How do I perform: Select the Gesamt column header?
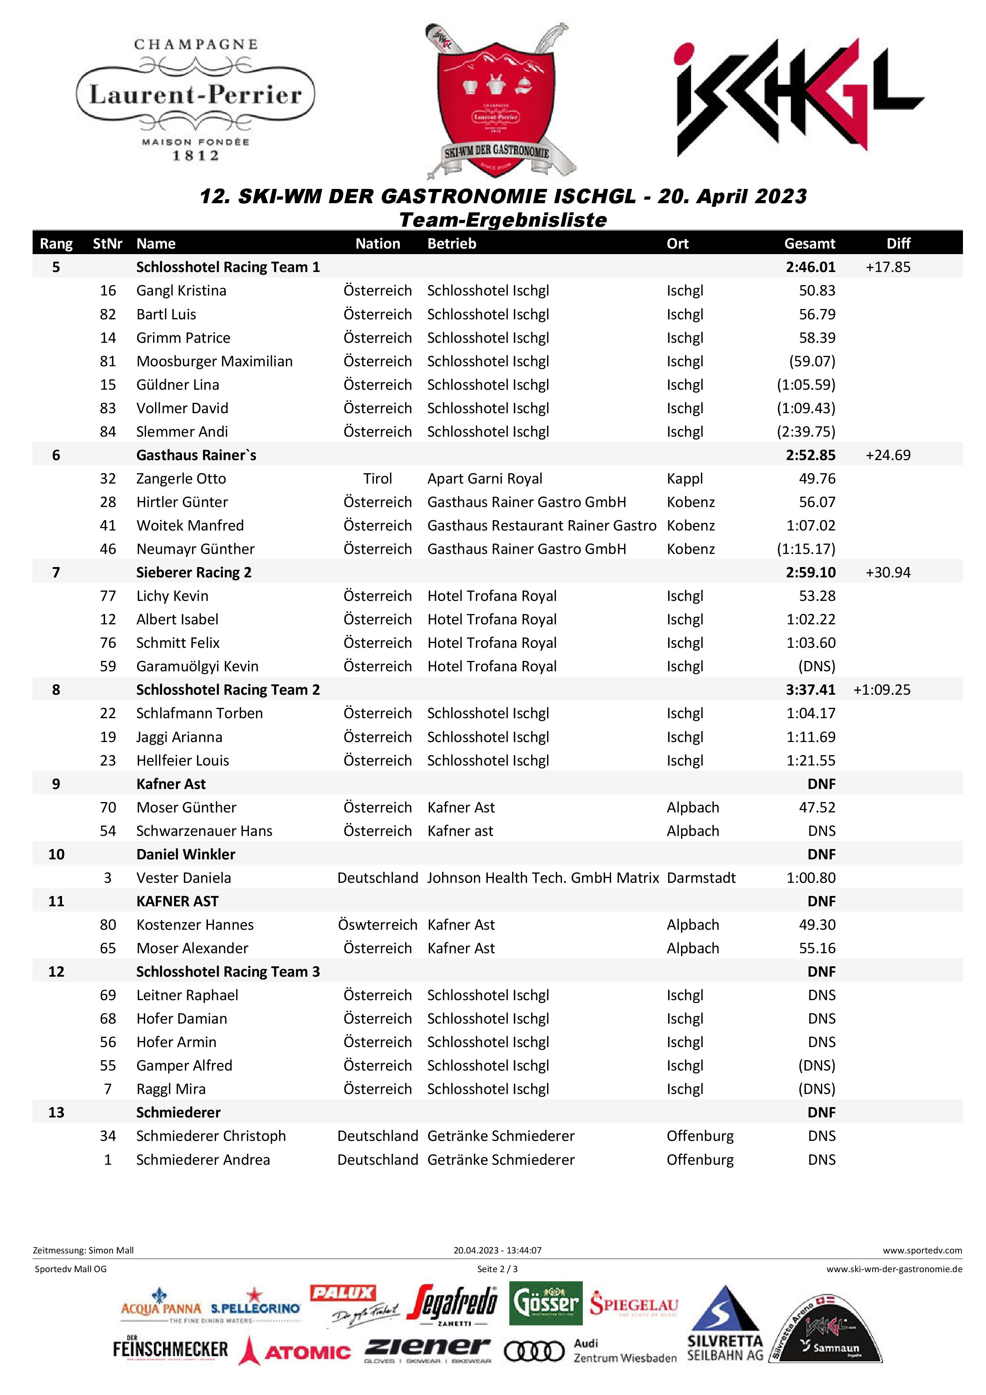pyautogui.click(x=809, y=244)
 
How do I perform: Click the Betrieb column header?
pyautogui.click(x=451, y=244)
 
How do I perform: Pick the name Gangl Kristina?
pyautogui.click(x=181, y=290)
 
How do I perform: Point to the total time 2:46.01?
pyautogui.click(x=810, y=267)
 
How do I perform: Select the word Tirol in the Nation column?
pyautogui.click(x=377, y=479)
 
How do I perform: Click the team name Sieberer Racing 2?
pyautogui.click(x=194, y=572)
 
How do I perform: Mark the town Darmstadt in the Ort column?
pyautogui.click(x=701, y=878)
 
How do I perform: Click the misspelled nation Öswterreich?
pyautogui.click(x=377, y=925)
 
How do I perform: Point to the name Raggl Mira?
pyautogui.click(x=171, y=1089)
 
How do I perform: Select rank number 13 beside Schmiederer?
pyautogui.click(x=56, y=1113)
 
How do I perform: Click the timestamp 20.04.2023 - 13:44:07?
pyautogui.click(x=497, y=1245)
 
